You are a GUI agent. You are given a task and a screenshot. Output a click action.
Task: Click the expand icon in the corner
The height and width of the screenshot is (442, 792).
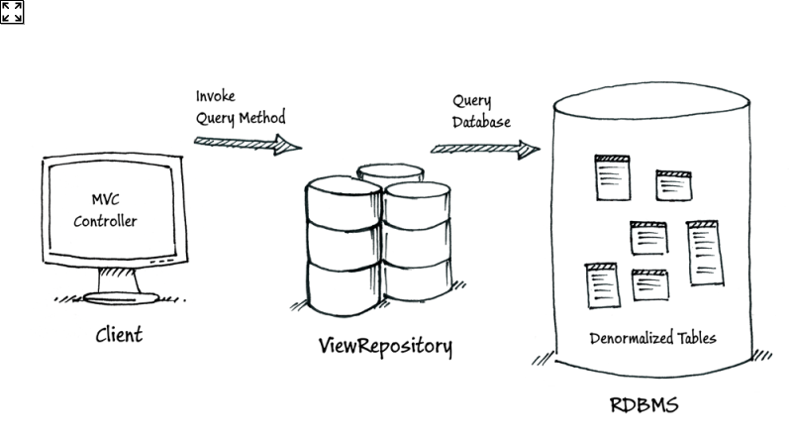tap(12, 12)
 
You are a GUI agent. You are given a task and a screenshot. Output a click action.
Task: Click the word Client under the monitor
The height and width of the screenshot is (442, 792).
tap(118, 334)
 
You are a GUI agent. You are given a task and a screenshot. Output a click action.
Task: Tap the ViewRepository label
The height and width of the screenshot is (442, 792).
tap(385, 346)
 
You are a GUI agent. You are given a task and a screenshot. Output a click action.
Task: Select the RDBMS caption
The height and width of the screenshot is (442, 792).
tap(643, 405)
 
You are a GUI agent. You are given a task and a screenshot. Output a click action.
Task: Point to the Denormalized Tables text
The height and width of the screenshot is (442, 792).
tap(652, 339)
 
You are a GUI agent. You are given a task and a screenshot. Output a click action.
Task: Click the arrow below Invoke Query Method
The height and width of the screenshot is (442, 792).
tap(247, 145)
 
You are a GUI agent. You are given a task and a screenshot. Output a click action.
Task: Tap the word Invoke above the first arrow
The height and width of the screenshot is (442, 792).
tap(216, 97)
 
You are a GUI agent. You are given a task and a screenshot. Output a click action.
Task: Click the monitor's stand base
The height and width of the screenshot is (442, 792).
tap(123, 297)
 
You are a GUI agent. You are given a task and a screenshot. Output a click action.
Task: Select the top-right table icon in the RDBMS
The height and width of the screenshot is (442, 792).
tap(672, 185)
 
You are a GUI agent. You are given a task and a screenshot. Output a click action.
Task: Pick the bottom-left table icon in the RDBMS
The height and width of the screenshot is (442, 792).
tap(601, 283)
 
